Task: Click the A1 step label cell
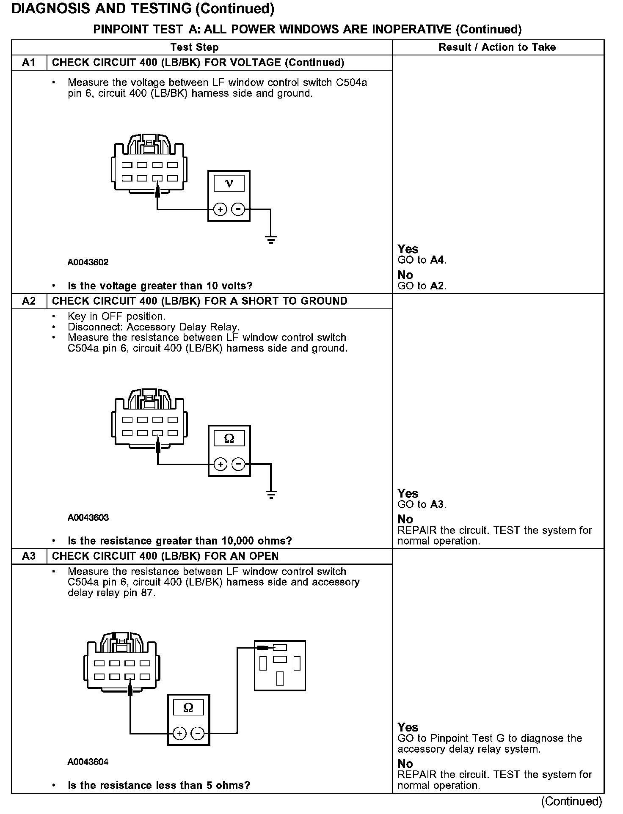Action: [x=29, y=63]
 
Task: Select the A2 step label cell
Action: [x=29, y=301]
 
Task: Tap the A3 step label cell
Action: [x=29, y=556]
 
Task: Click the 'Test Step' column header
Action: [x=195, y=47]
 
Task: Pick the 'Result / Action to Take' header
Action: [x=497, y=47]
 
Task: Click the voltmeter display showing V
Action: [x=229, y=184]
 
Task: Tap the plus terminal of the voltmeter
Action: [x=220, y=209]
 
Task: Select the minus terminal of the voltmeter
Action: [x=238, y=209]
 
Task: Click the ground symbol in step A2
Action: [x=271, y=494]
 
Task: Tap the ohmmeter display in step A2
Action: [x=229, y=439]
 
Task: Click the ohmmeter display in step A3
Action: [x=188, y=708]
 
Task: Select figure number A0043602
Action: [x=88, y=262]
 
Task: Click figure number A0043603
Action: [x=88, y=517]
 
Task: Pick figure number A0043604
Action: [x=88, y=762]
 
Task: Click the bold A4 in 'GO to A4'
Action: [x=437, y=260]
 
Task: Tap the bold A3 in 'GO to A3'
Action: [x=437, y=504]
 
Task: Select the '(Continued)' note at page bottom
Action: [x=571, y=801]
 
